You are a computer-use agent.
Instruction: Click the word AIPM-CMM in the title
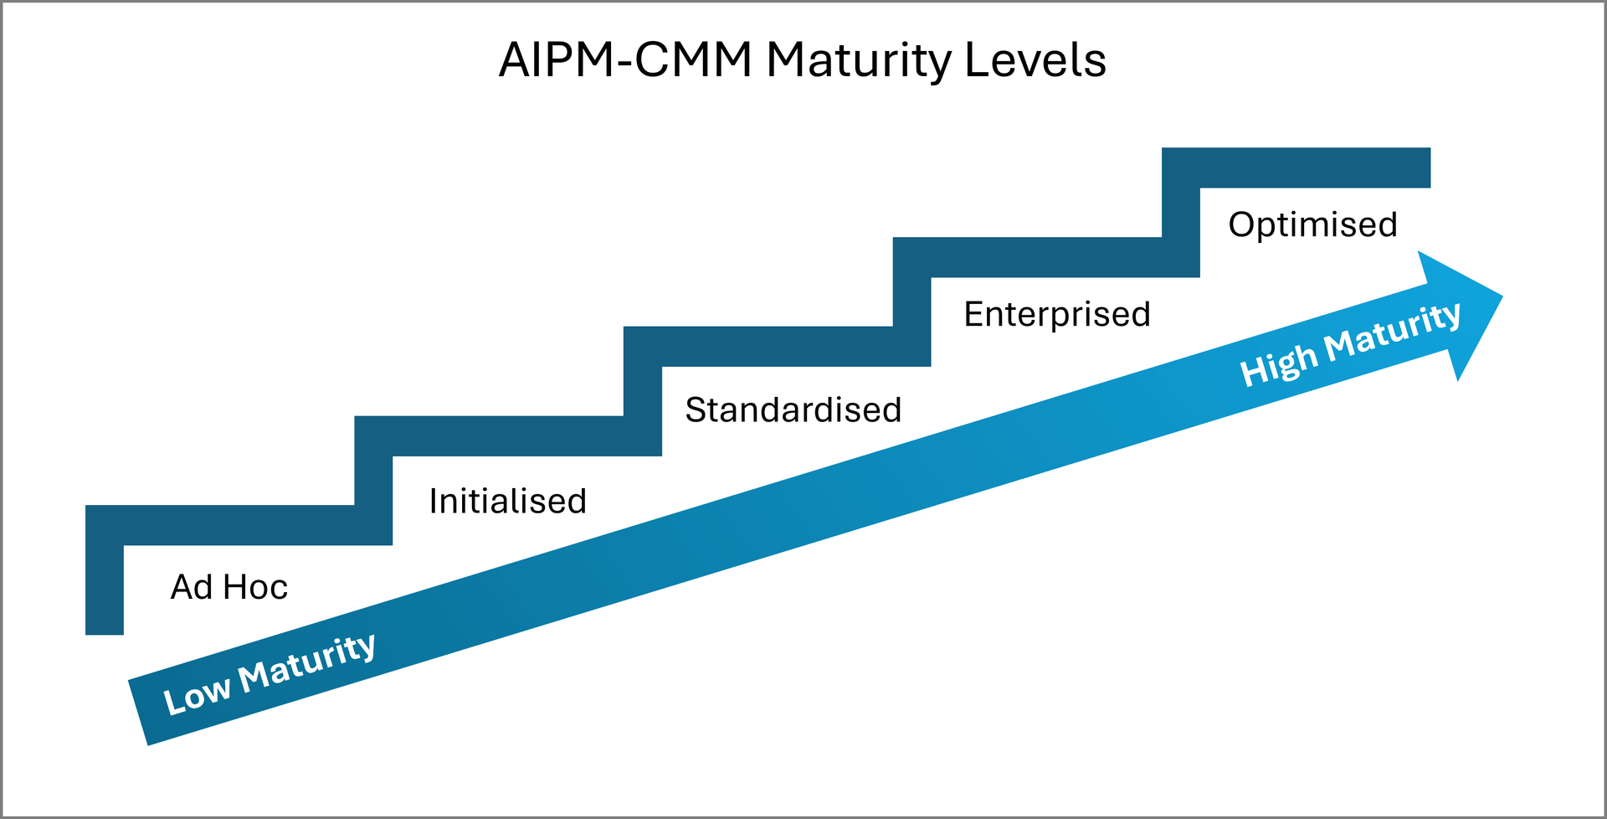[x=624, y=60]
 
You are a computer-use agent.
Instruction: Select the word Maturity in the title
[x=859, y=60]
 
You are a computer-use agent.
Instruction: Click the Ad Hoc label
[x=228, y=587]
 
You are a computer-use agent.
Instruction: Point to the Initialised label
[x=507, y=502]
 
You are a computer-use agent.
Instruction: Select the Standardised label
[x=793, y=410]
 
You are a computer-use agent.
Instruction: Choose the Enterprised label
[x=1056, y=315]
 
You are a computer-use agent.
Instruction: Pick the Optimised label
[x=1312, y=225]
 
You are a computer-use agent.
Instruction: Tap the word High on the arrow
[x=1277, y=367]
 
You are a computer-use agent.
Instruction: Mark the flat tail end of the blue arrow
[x=139, y=712]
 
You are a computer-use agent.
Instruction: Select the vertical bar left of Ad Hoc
[x=105, y=586]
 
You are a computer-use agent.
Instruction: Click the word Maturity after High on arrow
[x=1393, y=330]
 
